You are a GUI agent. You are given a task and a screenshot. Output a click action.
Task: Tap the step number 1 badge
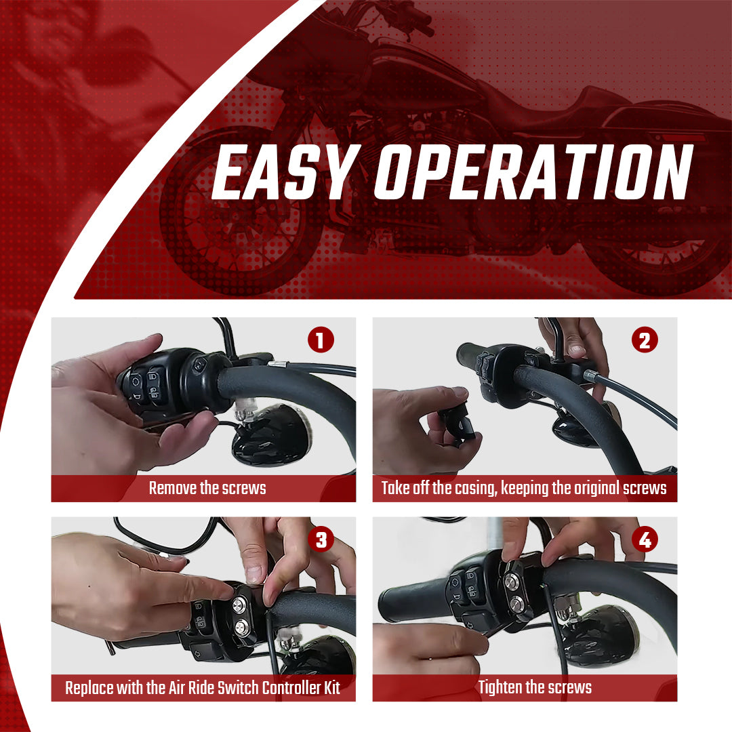point(321,340)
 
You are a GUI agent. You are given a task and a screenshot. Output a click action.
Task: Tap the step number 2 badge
point(644,340)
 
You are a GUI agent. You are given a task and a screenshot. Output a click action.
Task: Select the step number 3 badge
point(321,540)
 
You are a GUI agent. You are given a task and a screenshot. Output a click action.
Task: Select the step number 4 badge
point(644,540)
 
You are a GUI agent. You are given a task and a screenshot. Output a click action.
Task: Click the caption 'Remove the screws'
point(207,488)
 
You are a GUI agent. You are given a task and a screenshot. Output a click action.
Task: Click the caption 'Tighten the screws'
point(535,687)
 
